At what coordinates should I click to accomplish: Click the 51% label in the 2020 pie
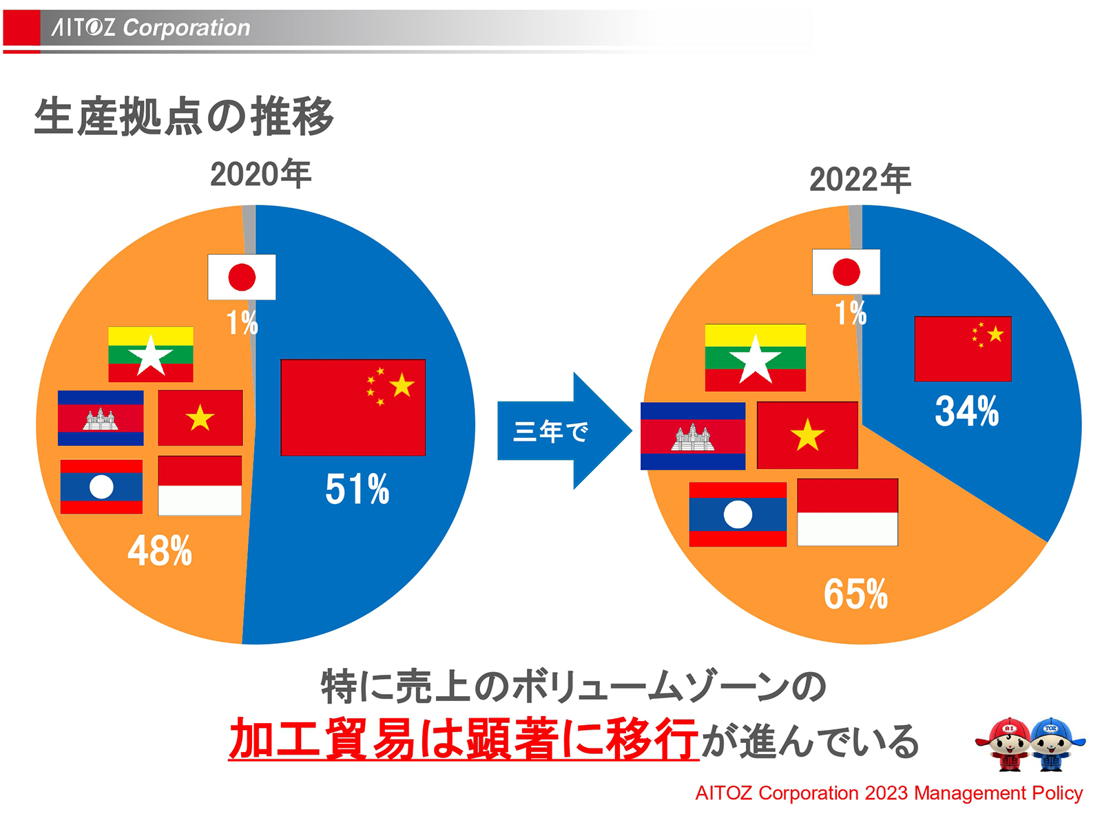tap(357, 489)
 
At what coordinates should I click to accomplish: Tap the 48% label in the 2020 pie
tap(160, 551)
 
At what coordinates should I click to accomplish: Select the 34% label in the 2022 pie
tap(966, 411)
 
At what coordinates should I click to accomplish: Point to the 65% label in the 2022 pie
tap(855, 594)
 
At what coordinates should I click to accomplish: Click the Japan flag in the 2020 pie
tap(242, 278)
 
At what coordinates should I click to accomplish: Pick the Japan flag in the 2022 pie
tap(846, 272)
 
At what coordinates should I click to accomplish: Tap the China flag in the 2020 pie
tap(353, 407)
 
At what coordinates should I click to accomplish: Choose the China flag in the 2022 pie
tap(962, 348)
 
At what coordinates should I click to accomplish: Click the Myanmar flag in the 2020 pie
tap(151, 355)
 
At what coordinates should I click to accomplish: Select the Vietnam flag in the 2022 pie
tap(807, 435)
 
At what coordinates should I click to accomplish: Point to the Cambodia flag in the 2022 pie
tap(692, 436)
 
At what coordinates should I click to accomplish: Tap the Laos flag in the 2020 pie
tap(101, 487)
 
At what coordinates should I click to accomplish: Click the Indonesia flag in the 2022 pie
tap(847, 512)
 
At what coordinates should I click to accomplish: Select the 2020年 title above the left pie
tap(260, 174)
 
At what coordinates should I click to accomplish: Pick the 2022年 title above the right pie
tap(860, 179)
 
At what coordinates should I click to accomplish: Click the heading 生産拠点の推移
tap(184, 116)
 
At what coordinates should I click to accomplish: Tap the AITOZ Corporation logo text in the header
tap(151, 28)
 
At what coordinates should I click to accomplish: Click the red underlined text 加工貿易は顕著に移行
tap(464, 739)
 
